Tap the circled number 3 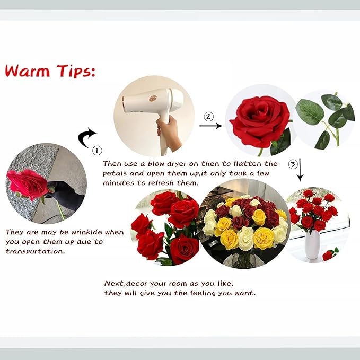coord(292,164)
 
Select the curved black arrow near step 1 coord(86,138)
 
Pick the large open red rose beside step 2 coord(259,121)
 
